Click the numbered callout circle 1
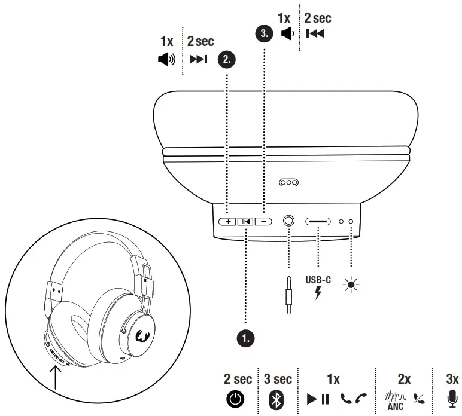244,338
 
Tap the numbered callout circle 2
226,59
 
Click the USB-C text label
318,278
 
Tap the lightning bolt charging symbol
318,292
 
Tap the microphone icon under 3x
452,398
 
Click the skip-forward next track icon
198,59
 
